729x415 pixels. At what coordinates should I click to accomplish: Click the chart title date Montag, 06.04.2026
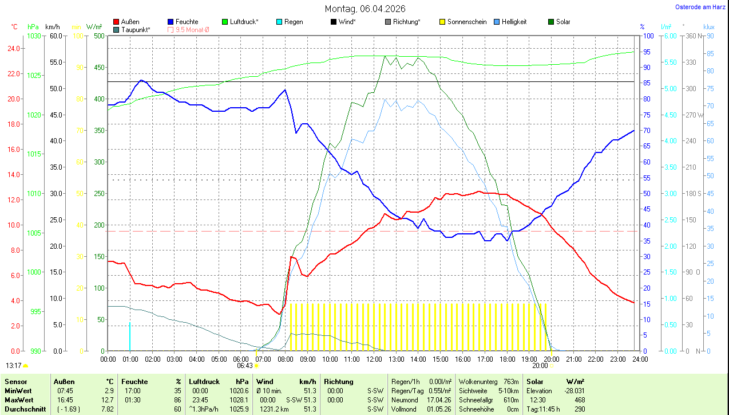(364, 9)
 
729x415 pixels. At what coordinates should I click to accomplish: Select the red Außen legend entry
(130, 22)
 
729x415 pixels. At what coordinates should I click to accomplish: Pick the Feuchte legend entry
(187, 22)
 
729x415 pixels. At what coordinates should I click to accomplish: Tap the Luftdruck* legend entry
(244, 22)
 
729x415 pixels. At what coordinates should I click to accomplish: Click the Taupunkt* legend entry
(136, 29)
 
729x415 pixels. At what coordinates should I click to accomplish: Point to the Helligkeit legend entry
(514, 22)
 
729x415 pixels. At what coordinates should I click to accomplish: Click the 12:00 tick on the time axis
(374, 359)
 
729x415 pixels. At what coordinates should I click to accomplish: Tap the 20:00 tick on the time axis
(552, 359)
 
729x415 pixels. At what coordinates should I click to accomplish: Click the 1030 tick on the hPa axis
(34, 36)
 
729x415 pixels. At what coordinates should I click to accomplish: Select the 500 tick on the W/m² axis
(98, 36)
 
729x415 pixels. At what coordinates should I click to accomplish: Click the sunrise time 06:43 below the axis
(245, 365)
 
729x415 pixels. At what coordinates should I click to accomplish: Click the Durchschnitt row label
(25, 409)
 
